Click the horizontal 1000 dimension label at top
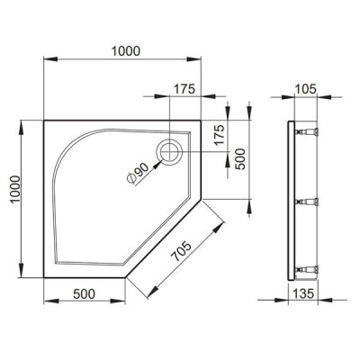(126, 51)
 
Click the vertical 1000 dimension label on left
(15, 189)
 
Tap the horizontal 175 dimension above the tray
(184, 89)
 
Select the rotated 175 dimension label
(220, 135)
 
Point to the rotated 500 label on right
(240, 159)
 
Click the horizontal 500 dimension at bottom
(84, 294)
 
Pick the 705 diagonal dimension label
(180, 251)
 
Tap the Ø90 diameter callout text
(138, 174)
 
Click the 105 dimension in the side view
(306, 89)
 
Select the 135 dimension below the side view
(303, 293)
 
